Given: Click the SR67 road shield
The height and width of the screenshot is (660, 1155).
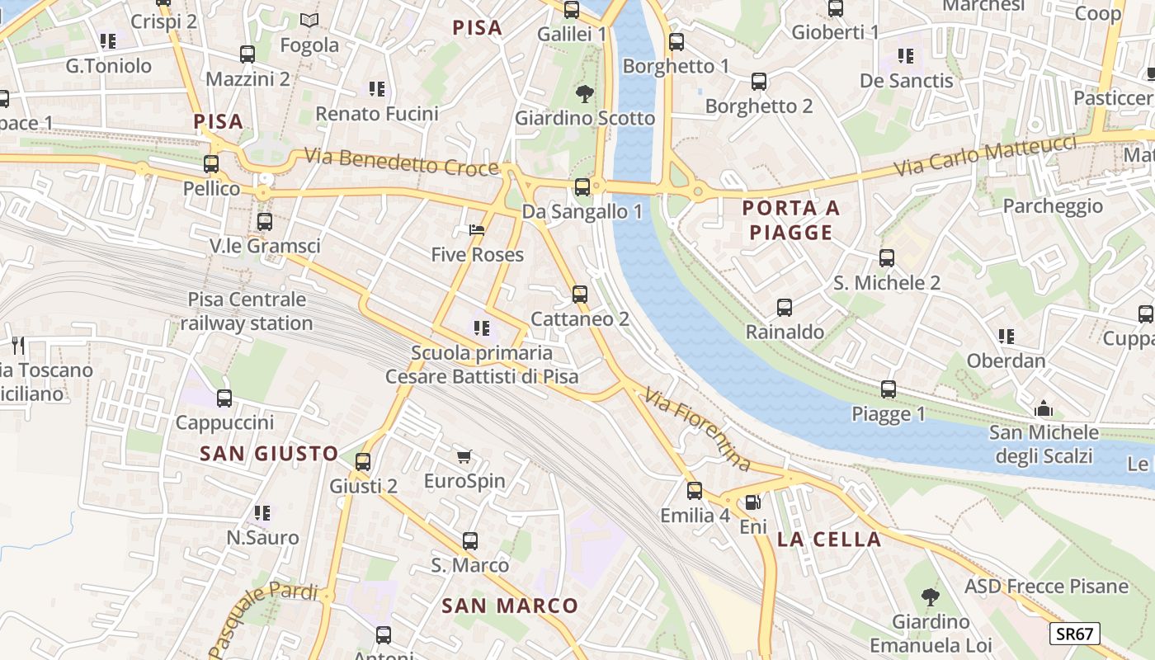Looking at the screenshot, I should coord(1075,634).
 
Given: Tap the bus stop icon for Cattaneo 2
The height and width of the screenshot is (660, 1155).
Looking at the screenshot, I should coord(580,295).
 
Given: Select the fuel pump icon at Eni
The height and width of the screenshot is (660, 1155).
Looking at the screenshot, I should coord(752,502).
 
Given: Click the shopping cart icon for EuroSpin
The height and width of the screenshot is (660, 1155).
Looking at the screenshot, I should coord(464,456).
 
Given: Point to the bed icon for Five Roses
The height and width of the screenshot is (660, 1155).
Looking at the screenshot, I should coord(477,230).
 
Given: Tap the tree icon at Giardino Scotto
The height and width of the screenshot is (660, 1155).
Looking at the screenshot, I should coord(585,93).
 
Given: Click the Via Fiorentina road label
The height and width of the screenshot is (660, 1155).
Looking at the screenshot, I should coord(698,430).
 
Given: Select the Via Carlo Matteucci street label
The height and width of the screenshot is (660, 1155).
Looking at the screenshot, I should coord(986,157).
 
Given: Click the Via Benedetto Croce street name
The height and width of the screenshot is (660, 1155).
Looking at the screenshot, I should coord(402,161).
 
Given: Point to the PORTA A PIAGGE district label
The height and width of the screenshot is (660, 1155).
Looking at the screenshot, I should coord(790,220).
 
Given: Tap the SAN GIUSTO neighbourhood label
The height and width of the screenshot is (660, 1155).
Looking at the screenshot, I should coord(269,453).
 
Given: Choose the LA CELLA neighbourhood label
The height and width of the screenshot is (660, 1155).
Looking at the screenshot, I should coord(829,540).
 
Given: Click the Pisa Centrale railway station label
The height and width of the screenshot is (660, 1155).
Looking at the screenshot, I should coord(247,311).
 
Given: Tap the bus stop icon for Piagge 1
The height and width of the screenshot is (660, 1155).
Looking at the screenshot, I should coord(889,389).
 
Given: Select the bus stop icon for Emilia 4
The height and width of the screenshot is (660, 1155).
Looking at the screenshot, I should coord(695,491).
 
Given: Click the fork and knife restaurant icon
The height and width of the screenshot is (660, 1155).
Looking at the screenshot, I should coord(18,346).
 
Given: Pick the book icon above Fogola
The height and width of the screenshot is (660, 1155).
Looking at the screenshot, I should coord(309,20).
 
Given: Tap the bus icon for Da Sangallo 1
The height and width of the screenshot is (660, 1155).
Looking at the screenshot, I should coord(582,187).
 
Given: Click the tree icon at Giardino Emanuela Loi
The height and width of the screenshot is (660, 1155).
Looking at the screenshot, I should coord(931,596).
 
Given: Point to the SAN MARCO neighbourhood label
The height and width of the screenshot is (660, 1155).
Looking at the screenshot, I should coord(510,606).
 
